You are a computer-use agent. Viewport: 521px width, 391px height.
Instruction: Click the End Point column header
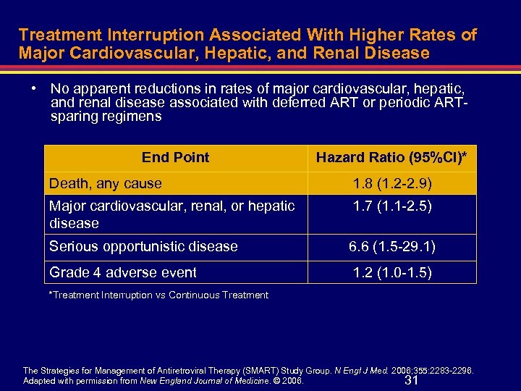click(x=175, y=157)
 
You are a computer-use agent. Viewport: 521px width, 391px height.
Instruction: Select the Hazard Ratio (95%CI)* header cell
click(x=391, y=157)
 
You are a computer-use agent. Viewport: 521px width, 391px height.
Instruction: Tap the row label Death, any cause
click(x=106, y=183)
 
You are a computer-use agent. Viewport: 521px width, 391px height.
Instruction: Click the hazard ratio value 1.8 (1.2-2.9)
click(x=391, y=183)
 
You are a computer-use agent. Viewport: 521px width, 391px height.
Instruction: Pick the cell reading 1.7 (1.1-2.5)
click(x=391, y=206)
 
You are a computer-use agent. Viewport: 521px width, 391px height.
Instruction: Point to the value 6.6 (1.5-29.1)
click(x=391, y=246)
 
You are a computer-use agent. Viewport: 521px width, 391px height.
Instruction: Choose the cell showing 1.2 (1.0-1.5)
click(x=391, y=272)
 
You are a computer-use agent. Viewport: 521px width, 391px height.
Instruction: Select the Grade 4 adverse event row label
click(x=123, y=272)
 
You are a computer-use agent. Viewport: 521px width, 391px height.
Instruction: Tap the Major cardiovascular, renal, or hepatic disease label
click(x=171, y=214)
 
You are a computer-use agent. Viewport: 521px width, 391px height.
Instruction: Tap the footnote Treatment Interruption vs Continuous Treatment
click(x=158, y=295)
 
